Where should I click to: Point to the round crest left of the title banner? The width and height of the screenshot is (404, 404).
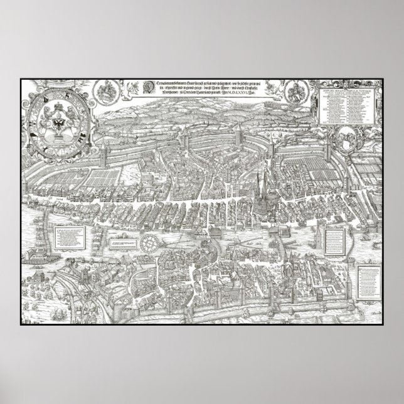(x=105, y=93)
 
